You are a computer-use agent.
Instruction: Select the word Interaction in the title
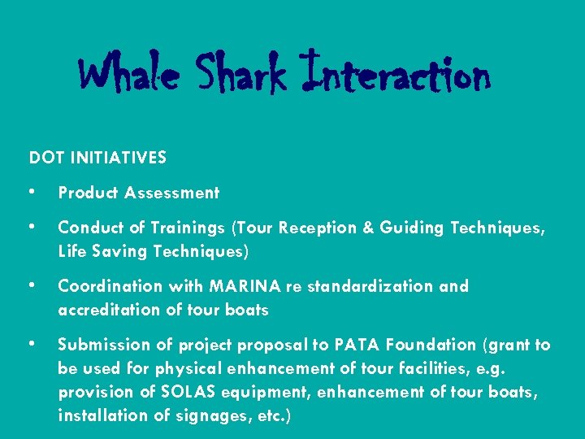395,75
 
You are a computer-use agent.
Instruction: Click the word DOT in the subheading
45,158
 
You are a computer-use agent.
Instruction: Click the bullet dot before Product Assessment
31,192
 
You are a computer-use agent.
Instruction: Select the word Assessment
174,193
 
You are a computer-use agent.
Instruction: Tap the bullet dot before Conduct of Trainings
31,227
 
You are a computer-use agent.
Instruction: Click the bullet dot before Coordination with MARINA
31,285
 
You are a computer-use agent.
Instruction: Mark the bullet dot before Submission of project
31,344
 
